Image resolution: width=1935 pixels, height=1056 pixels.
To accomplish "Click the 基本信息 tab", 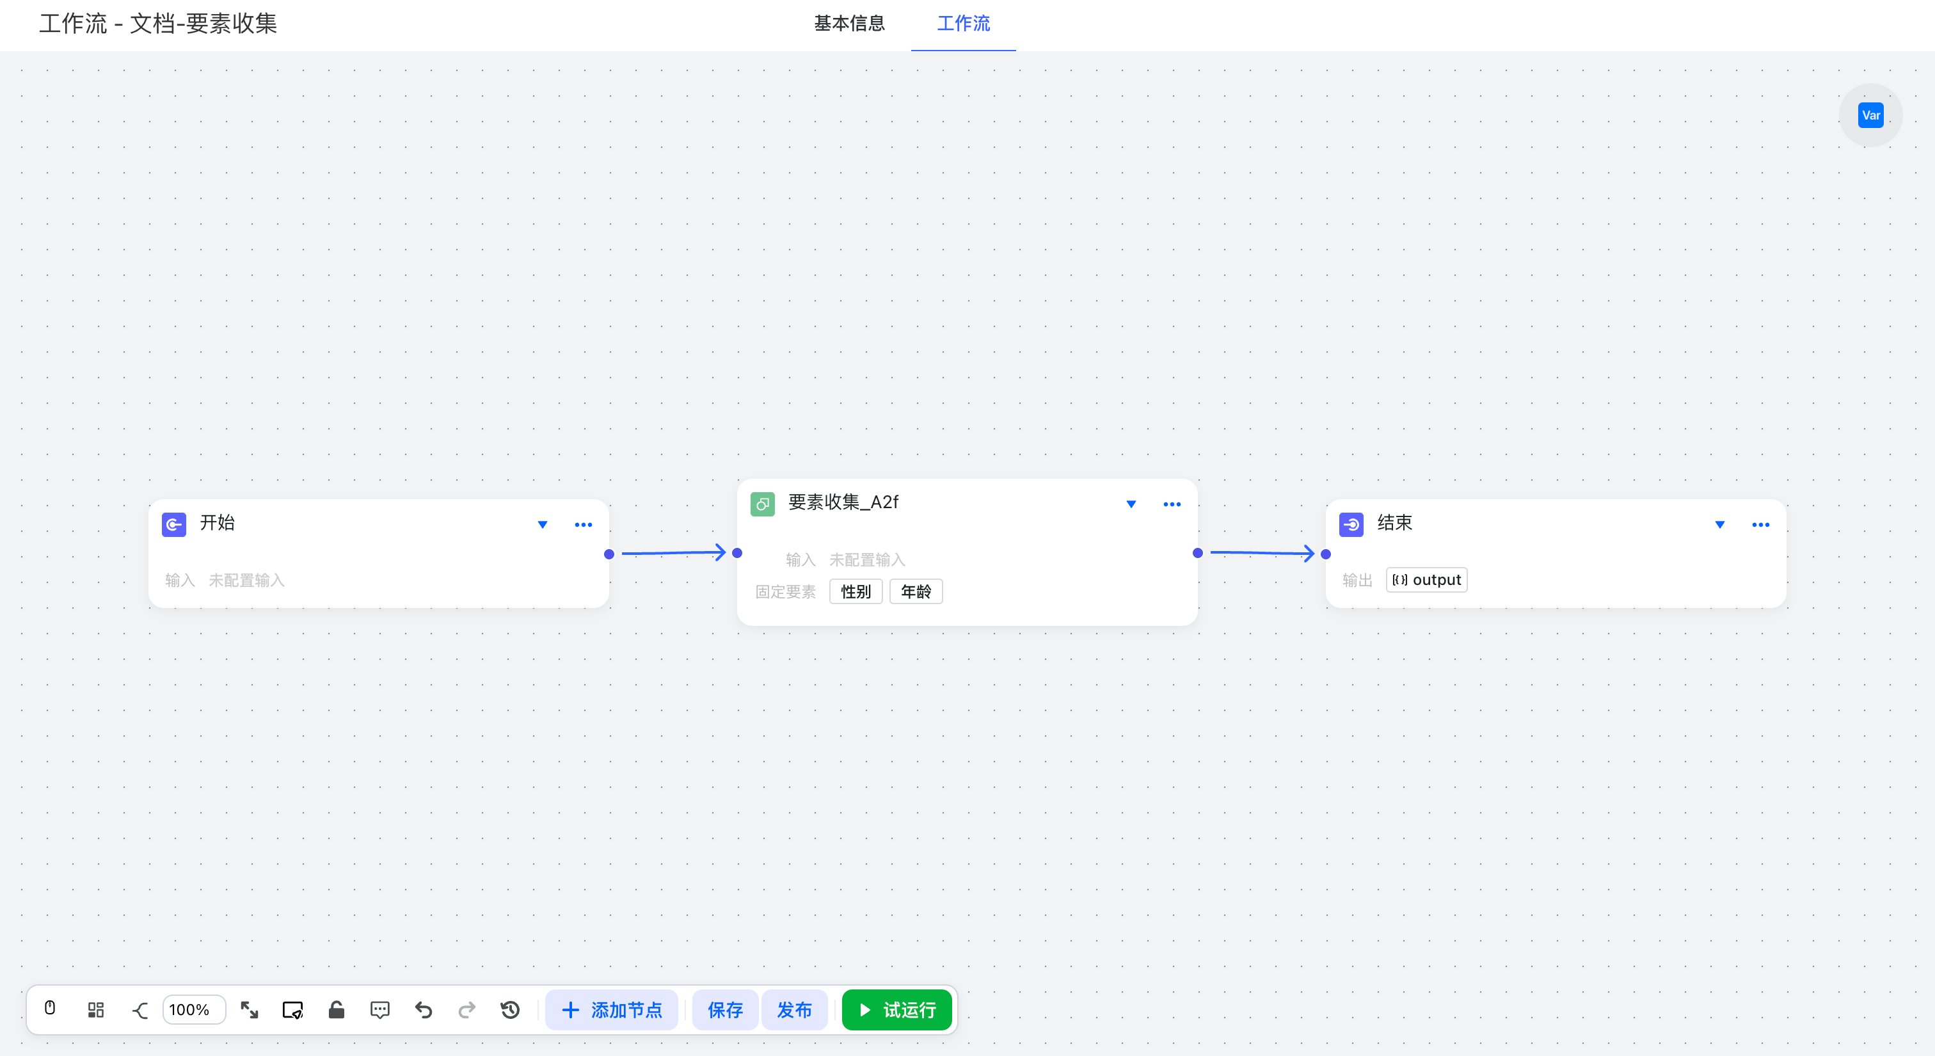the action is coord(850,23).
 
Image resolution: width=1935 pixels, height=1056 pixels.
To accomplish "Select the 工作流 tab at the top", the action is coord(963,23).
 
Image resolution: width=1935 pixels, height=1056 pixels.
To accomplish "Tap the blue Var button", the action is coord(1870,115).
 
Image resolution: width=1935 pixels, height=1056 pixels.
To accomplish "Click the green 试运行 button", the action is coord(897,1009).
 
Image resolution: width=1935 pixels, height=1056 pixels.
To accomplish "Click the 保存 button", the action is coord(725,1009).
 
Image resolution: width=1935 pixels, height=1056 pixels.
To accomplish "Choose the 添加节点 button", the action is coord(612,1009).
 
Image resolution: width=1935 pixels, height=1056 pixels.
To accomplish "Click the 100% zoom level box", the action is coord(193,1009).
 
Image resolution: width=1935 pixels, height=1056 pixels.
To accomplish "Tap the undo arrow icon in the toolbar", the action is coord(424,1009).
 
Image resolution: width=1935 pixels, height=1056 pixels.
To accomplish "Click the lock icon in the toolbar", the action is coord(337,1009).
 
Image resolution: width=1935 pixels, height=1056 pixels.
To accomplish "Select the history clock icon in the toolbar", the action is coord(510,1009).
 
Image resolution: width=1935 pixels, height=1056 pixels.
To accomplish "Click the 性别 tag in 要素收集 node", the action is coord(856,591).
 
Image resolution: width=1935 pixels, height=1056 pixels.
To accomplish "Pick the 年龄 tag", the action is coord(916,591).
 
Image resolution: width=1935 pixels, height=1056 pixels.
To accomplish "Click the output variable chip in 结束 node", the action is coord(1426,579).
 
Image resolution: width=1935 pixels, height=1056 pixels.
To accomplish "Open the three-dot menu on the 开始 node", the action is coord(583,524).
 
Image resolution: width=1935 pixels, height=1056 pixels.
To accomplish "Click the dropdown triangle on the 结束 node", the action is coord(1719,524).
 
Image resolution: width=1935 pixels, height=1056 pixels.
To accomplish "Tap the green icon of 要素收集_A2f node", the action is coord(763,504).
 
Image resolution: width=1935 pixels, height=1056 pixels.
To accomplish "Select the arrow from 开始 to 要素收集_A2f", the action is coord(674,553).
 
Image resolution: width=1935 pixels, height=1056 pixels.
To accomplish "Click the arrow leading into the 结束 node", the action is coord(1262,553).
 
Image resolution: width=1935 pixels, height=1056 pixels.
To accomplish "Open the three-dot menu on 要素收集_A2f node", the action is coord(1172,504).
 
